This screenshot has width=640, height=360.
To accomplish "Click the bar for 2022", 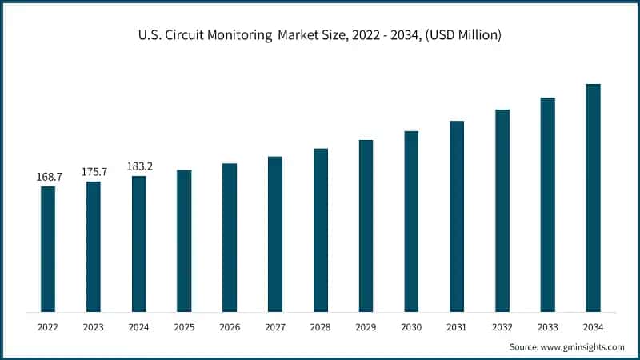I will (48, 249).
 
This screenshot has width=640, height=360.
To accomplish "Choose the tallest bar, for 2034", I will (594, 198).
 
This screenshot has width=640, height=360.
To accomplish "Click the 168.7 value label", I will (48, 177).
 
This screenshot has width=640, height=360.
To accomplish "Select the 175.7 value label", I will (94, 172).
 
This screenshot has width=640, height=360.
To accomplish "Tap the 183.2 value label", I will (139, 166).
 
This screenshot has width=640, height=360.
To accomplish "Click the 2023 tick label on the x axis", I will (94, 327).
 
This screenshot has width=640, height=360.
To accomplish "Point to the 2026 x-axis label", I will (230, 327).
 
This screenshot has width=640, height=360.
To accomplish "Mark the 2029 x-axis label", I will (366, 327).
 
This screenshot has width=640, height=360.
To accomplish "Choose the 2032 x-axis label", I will (502, 327).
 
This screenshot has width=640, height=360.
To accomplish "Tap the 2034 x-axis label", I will (594, 327).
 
